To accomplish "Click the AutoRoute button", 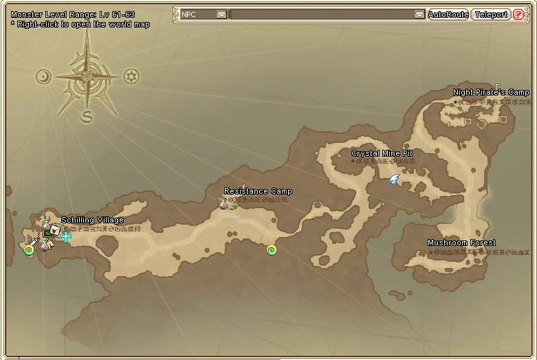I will point(448,14).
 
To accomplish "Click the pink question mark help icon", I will point(518,14).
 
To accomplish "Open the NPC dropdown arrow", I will point(221,14).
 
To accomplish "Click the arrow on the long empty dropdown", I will point(419,14).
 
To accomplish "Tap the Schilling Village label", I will point(93,221).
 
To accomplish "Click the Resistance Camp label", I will point(258,192).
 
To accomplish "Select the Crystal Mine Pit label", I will point(382,154).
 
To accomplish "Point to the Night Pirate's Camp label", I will point(491,93).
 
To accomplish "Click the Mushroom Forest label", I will point(461,243).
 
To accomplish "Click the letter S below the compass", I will point(87,117).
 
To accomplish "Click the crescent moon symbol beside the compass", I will point(44,76).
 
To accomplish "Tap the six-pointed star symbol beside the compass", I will point(131,76).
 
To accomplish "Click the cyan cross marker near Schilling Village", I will point(66,237).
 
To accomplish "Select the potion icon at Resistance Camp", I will point(223,203).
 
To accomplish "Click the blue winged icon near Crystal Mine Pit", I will point(394,180).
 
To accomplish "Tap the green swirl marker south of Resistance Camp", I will point(272,250).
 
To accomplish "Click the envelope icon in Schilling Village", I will point(55,229).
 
